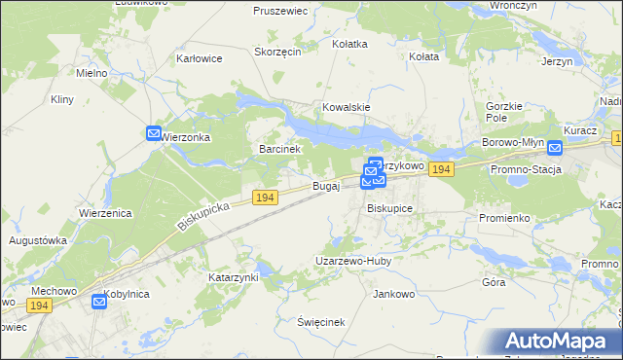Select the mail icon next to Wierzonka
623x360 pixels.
(x=154, y=133)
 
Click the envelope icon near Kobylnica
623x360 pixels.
(x=99, y=302)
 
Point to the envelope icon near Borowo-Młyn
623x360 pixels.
(x=555, y=148)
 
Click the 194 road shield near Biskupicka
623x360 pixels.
(x=265, y=198)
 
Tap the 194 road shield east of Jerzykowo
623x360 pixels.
(x=442, y=169)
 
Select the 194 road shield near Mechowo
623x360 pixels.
(x=39, y=306)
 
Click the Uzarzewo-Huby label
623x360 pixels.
(x=351, y=261)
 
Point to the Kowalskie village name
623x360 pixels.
(x=348, y=107)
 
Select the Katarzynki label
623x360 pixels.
(x=233, y=277)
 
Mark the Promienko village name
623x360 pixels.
(x=503, y=218)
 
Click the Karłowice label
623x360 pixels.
(x=199, y=58)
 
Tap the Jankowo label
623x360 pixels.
(x=394, y=293)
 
